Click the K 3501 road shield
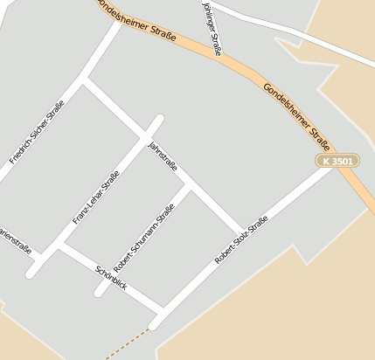tap(337, 161)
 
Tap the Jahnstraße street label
tap(163, 155)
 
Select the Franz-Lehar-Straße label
tap(96, 197)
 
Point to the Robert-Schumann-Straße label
tap(144, 237)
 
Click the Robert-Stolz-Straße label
tap(241, 240)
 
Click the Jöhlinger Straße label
tap(212, 28)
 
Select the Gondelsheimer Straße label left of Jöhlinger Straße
tap(140, 21)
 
